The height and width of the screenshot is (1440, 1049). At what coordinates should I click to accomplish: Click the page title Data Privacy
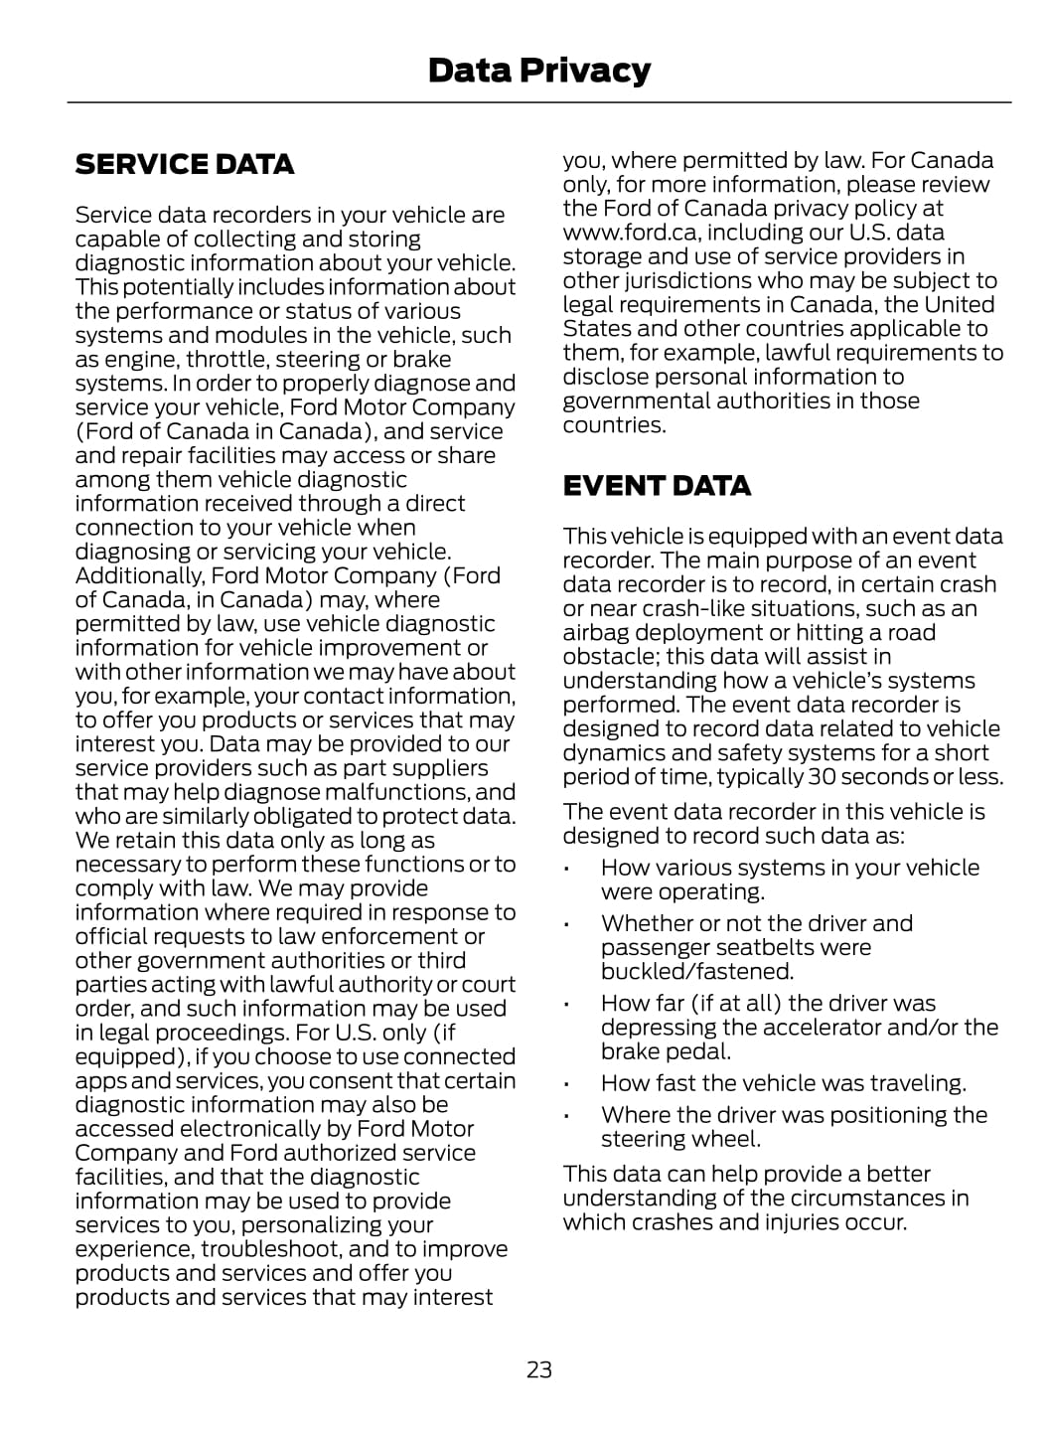[x=538, y=71]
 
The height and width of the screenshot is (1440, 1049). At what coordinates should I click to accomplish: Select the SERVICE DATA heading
[x=185, y=164]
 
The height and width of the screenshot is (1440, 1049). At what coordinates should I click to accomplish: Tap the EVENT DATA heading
[x=657, y=486]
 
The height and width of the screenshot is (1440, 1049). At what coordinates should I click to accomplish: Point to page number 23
[x=538, y=1369]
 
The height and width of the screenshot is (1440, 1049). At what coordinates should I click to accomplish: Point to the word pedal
[x=700, y=1051]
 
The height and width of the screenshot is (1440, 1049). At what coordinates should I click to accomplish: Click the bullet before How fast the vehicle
[x=565, y=1085]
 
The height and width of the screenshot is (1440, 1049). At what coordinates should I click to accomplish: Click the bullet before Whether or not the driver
[x=565, y=925]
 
